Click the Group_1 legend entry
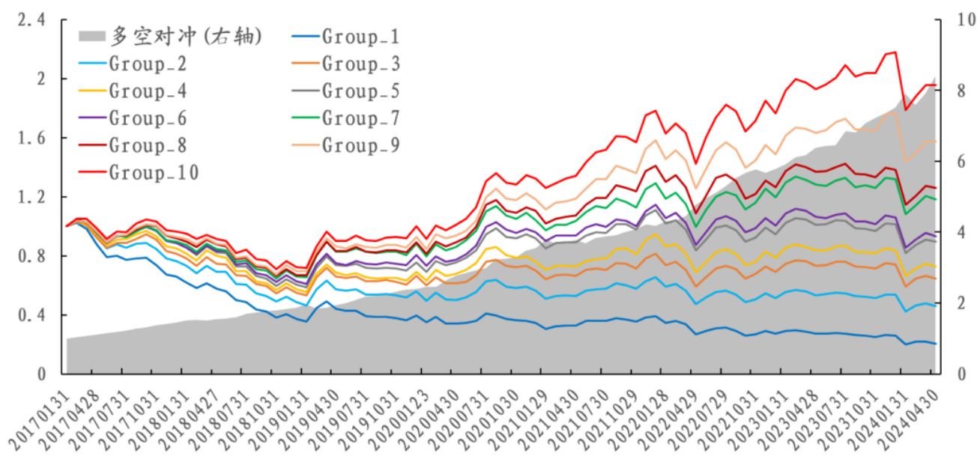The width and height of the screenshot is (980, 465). click(360, 37)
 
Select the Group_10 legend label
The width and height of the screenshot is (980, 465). click(154, 173)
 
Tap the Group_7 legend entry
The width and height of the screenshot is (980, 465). click(360, 118)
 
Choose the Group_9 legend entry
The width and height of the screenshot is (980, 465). click(360, 145)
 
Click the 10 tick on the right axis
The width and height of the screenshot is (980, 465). click(955, 21)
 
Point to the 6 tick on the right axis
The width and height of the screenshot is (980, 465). click(952, 162)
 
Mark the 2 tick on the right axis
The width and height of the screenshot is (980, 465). click(952, 303)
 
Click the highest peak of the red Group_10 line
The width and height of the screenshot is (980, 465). click(895, 52)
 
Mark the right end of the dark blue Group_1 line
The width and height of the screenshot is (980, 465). click(936, 343)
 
